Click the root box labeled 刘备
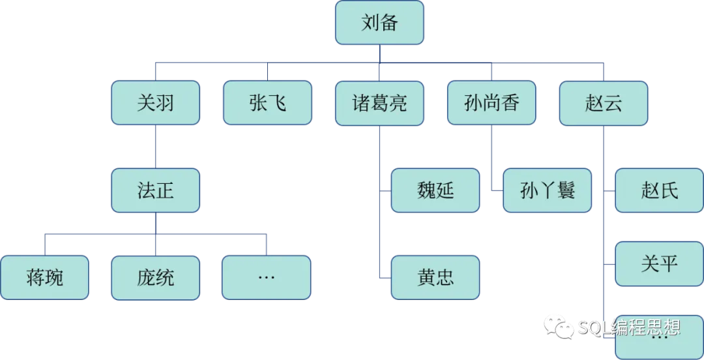click(379, 23)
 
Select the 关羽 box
click(155, 103)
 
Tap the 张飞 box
click(267, 103)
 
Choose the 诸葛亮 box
click(379, 103)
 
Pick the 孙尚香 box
click(491, 103)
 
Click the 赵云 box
click(604, 103)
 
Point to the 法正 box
click(155, 190)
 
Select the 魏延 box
click(435, 190)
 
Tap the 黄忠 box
click(435, 277)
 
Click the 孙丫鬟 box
click(548, 190)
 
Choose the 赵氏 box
click(659, 190)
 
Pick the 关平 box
click(659, 263)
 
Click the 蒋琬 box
click(44, 277)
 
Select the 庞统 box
click(155, 277)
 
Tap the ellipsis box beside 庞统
click(266, 277)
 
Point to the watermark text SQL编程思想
click(629, 327)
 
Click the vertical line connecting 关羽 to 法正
click(155, 147)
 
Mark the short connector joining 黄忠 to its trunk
click(385, 278)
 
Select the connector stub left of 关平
click(609, 264)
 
